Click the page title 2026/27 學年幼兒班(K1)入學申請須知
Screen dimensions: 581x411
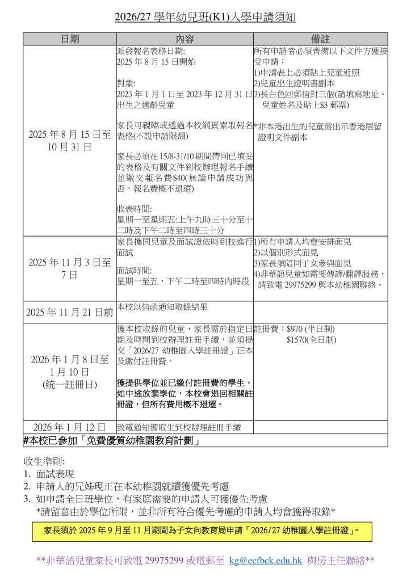pos(205,18)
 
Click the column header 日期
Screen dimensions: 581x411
pos(70,39)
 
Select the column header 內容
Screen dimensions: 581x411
pos(184,39)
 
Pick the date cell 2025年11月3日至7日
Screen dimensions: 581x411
pos(70,268)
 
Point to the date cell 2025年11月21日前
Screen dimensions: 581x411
pos(70,313)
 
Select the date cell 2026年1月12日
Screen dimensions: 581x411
pos(70,427)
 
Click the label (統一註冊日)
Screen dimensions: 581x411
pos(70,384)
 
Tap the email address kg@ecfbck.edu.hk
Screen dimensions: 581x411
pos(265,561)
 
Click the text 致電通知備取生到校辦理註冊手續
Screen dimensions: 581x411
pos(179,427)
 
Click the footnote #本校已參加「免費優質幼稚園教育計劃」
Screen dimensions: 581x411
pos(113,441)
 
